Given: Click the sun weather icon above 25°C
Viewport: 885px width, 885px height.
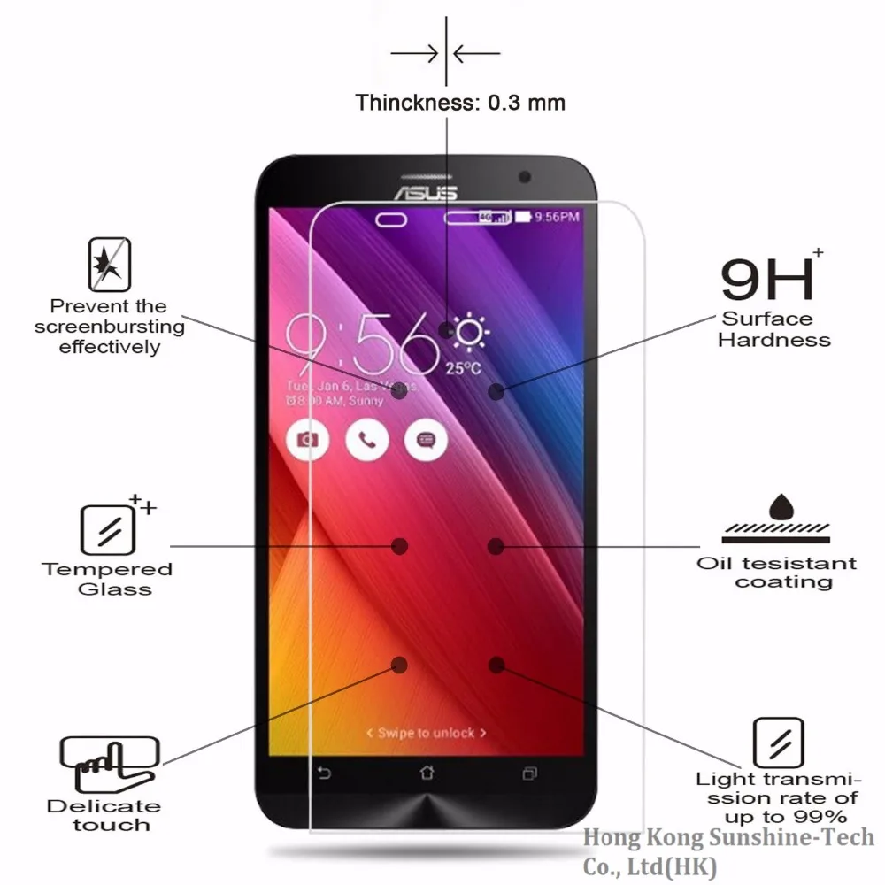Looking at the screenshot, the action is coord(469,333).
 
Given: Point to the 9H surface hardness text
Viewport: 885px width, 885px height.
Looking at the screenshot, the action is coord(766,279).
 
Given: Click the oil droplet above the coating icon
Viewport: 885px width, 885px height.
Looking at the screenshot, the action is coord(781,507).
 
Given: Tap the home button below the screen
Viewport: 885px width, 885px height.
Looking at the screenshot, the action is coord(427,773).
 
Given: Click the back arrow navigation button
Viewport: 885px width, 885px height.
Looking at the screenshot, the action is coord(324,773).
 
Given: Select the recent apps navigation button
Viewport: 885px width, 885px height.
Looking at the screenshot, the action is coord(529,773).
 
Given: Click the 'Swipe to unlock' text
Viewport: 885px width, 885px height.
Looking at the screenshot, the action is coord(427,733).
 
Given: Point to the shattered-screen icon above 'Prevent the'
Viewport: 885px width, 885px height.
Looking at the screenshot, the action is coord(110,265).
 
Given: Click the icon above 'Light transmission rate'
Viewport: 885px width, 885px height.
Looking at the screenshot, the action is coord(778,742).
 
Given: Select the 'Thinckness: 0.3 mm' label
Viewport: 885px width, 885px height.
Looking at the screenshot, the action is coord(460,103).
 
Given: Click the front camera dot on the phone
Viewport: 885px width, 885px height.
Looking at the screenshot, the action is coord(525,176).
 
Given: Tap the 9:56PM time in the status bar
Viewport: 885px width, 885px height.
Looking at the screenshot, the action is coord(558,217).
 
